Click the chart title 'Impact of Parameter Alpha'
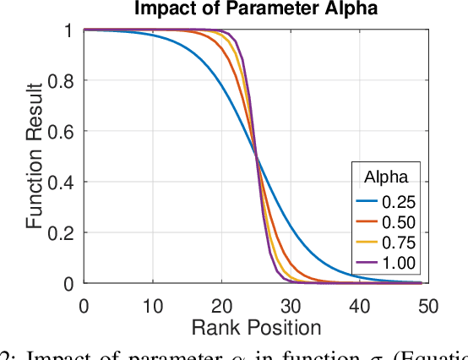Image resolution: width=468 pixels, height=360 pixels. [x=254, y=9]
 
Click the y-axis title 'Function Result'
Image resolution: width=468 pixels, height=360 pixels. [x=34, y=157]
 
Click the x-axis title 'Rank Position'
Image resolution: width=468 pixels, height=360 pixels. [x=255, y=326]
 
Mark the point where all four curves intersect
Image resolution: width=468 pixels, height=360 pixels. [x=255, y=157]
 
